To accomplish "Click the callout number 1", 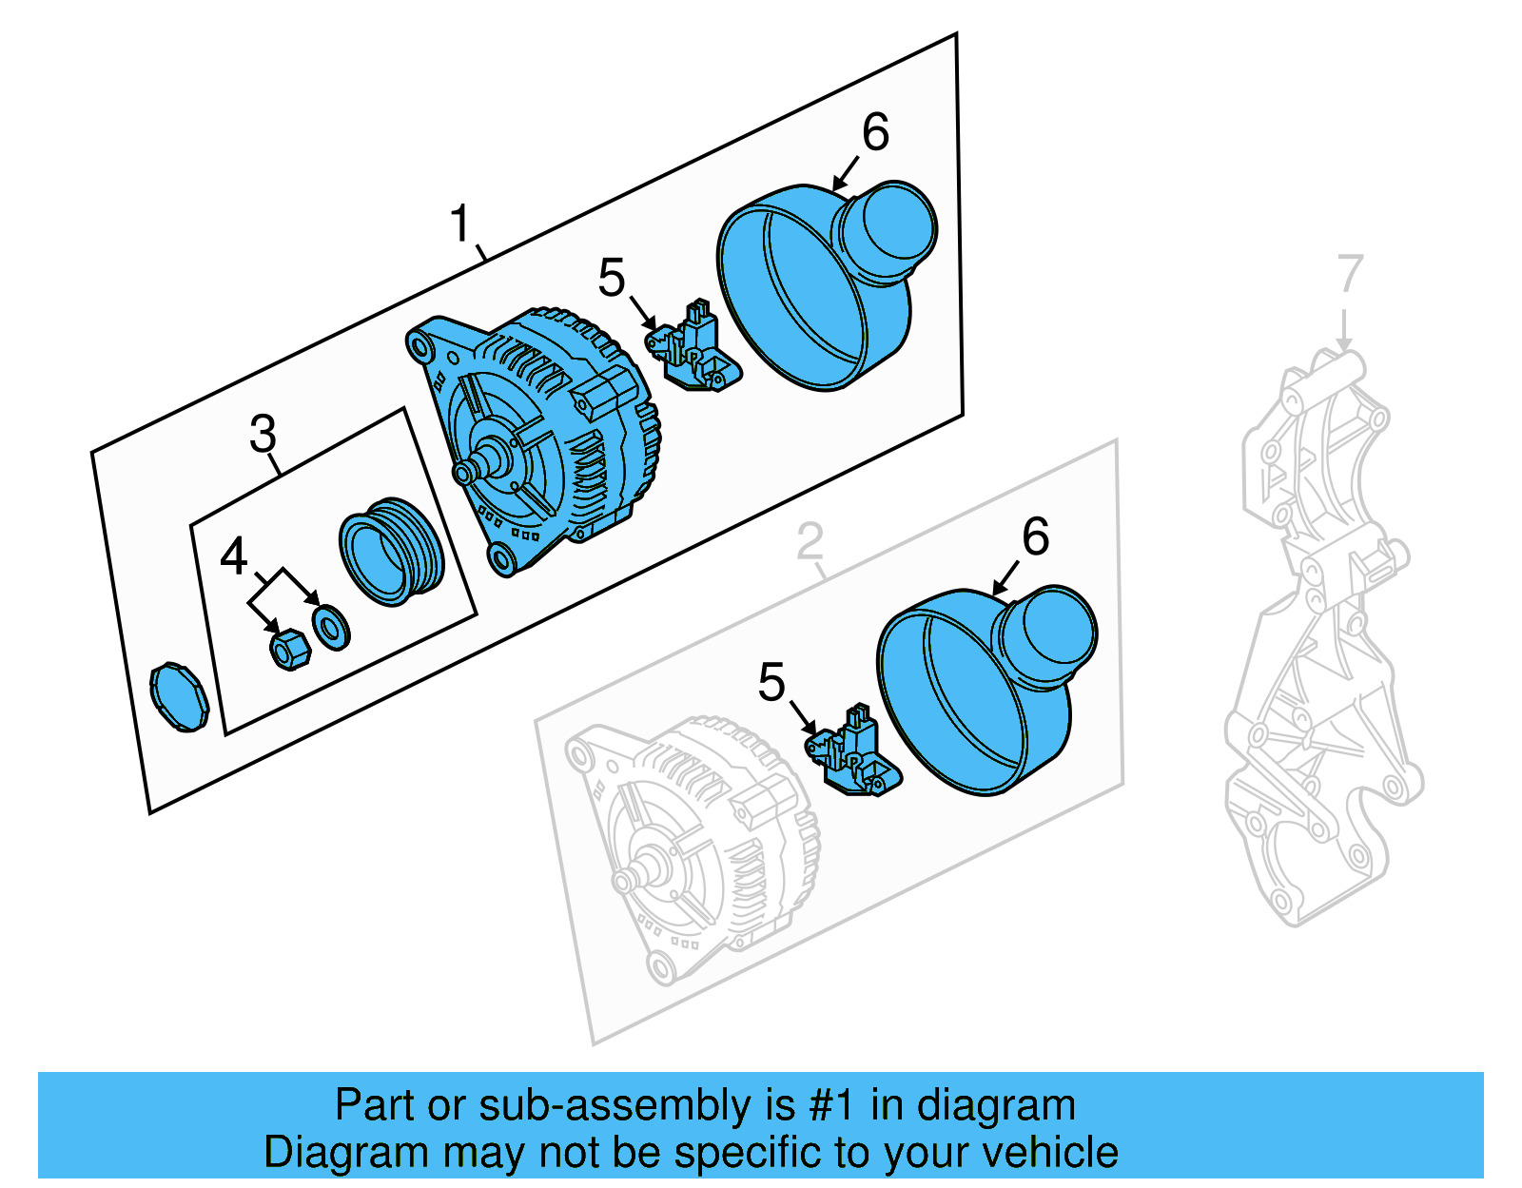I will [460, 224].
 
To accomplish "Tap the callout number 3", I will [263, 434].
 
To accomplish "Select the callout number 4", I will [234, 556].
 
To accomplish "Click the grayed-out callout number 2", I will [810, 542].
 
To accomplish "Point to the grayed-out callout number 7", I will [1350, 274].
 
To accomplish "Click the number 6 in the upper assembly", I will [875, 132].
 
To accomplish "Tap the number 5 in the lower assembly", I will [771, 683].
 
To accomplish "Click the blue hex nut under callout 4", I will [289, 649].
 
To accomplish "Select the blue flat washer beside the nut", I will [331, 627].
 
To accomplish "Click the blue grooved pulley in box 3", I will [391, 552].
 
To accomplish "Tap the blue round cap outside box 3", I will [179, 697].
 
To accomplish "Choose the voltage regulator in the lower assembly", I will [855, 752].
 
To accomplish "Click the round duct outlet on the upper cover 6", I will [890, 231].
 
